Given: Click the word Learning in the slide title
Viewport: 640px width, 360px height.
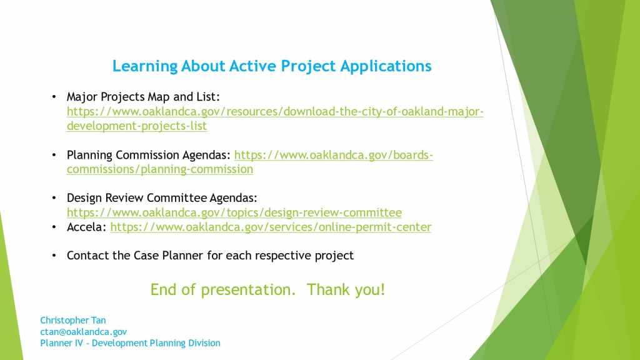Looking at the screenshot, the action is point(145,66).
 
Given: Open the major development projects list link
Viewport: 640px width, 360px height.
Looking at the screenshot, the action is point(275,119).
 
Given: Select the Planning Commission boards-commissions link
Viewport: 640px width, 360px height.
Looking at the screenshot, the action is point(250,162).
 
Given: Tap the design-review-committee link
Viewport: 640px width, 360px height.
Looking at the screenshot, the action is point(234,212).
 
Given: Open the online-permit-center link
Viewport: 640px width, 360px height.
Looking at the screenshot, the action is point(271,227).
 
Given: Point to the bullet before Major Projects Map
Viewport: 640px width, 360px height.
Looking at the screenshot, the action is point(54,97).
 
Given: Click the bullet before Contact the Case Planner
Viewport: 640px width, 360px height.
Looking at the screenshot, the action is point(54,256).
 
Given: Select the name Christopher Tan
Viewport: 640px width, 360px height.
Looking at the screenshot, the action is point(73,321).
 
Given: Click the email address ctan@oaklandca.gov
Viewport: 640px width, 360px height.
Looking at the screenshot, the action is point(83,332).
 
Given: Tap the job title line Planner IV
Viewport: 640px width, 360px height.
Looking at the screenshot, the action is point(130,343).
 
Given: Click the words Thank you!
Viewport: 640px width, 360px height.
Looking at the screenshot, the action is point(346,290).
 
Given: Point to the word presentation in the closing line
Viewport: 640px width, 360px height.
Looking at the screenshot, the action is point(248,290).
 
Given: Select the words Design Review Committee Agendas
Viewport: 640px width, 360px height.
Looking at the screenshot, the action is point(162,198).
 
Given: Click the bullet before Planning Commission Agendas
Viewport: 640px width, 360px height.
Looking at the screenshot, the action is point(54,156).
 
